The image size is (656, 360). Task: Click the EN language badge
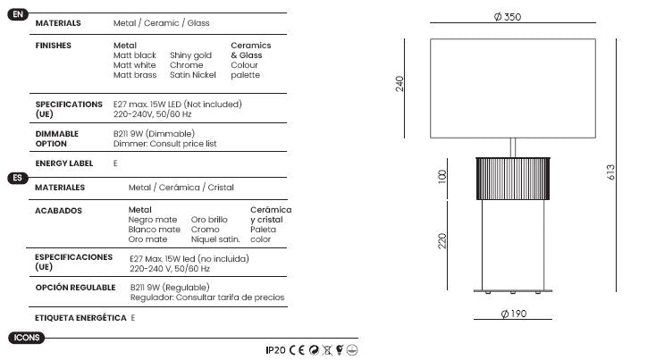(18, 14)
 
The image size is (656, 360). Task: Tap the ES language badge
(18, 178)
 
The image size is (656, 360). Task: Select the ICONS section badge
(26, 338)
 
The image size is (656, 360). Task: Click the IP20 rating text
(275, 350)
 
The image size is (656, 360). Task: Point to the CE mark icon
(297, 350)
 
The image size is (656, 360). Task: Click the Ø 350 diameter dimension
(508, 17)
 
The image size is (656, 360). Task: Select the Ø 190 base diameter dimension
(514, 314)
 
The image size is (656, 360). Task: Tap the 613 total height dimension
(610, 172)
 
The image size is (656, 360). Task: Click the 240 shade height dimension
(399, 84)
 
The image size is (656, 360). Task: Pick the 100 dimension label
(442, 176)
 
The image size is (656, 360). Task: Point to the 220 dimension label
(442, 241)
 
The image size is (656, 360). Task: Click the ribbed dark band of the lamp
(513, 179)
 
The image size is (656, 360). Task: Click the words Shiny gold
(190, 55)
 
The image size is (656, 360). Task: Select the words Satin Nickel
(193, 75)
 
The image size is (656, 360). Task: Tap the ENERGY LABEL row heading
(64, 163)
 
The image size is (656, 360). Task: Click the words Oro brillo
(209, 220)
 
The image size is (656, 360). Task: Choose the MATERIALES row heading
(60, 188)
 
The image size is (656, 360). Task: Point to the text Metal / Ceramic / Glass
(162, 23)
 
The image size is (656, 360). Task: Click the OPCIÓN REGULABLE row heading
(75, 288)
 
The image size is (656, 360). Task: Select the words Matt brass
(135, 75)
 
